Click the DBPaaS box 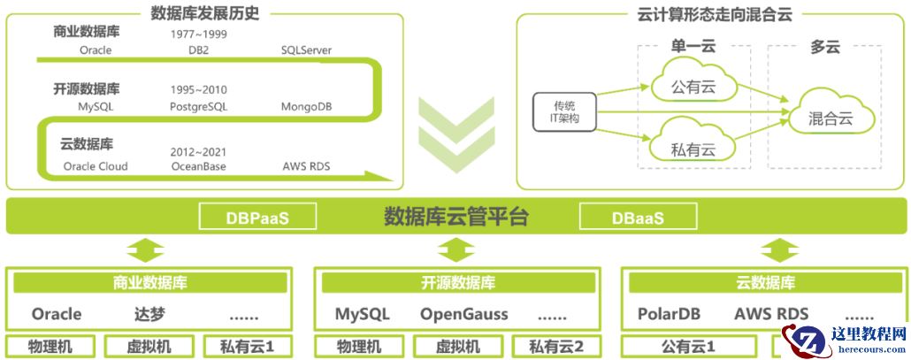256,217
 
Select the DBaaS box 638,217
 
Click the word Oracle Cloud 96,166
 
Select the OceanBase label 198,166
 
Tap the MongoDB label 307,107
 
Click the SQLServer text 305,50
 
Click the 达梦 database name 150,314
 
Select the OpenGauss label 463,314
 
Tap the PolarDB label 670,314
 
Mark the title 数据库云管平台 456,216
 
